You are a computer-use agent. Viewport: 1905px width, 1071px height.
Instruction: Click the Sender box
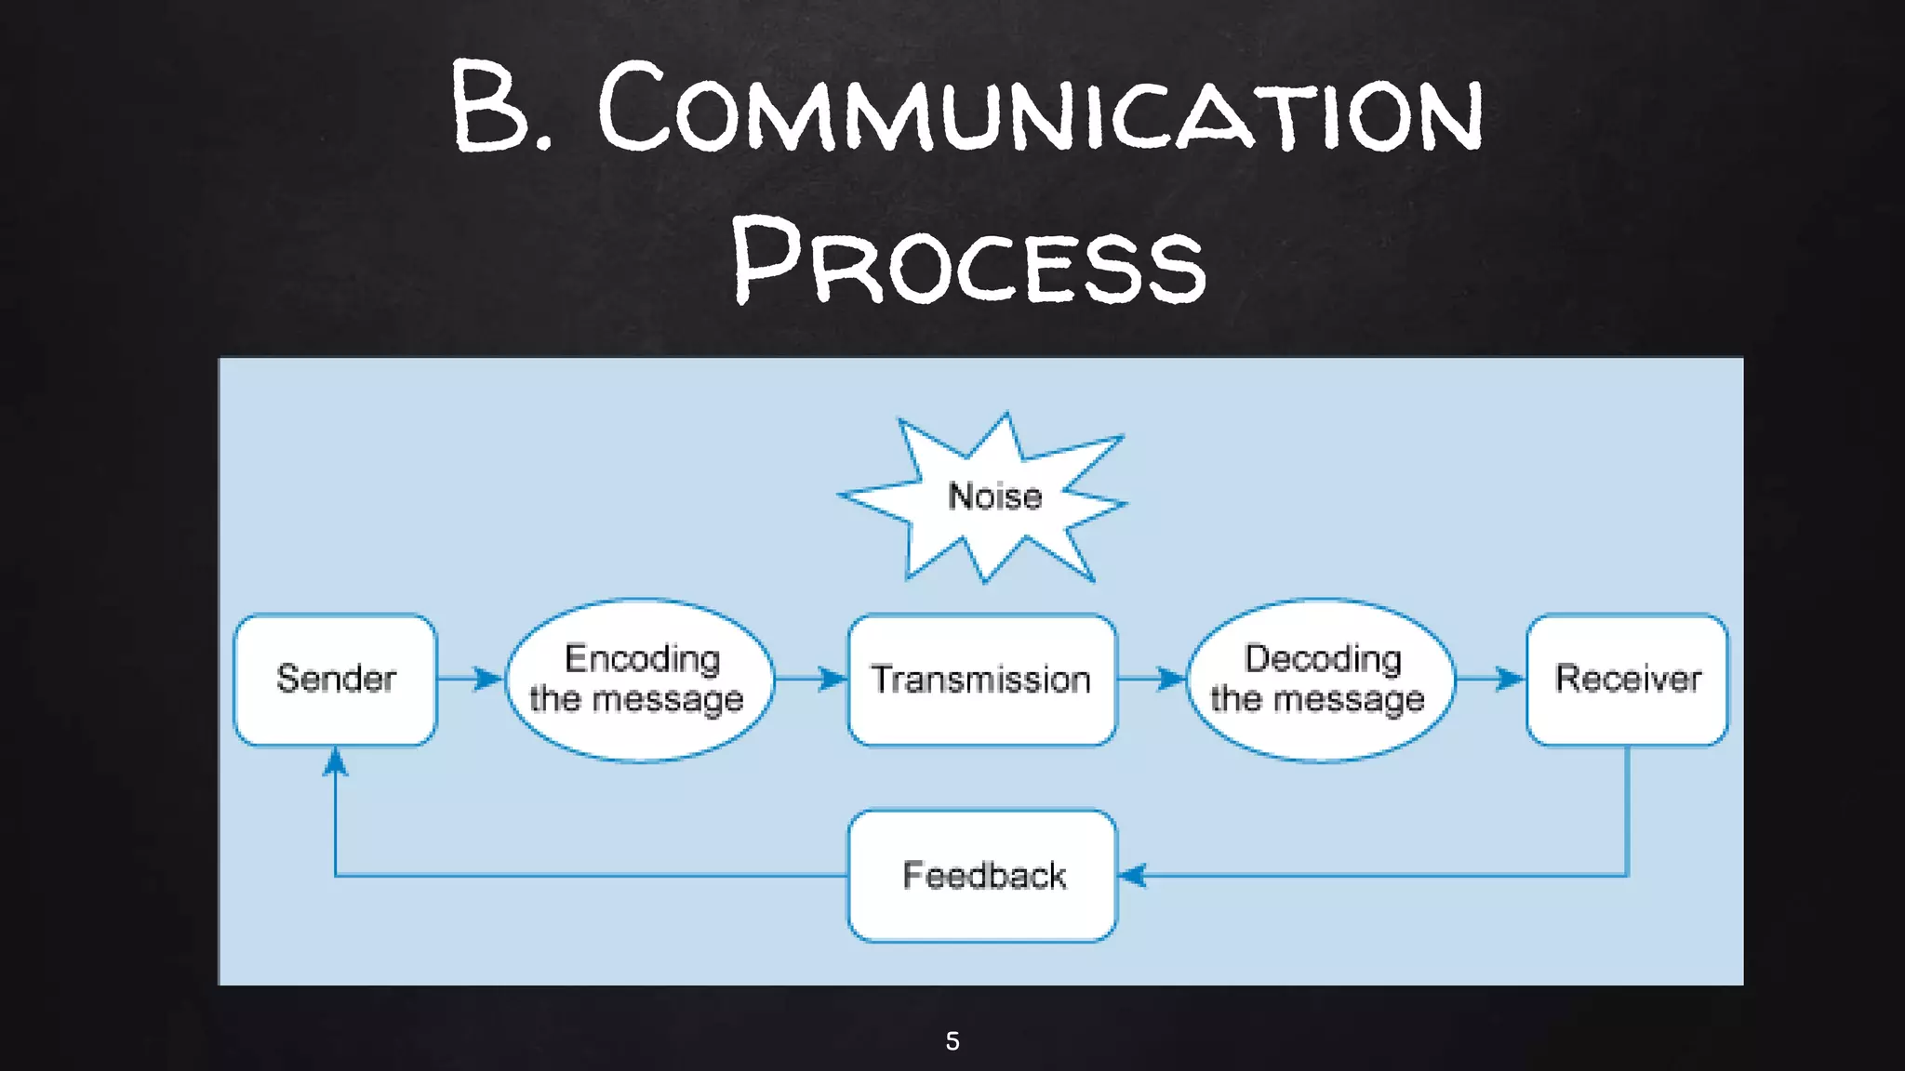[x=335, y=679]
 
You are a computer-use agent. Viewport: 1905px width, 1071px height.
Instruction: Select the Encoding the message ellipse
[x=640, y=680]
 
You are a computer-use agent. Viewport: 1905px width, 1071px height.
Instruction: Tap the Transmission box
[x=981, y=680]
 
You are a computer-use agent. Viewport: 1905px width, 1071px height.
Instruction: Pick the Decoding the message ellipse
[x=1320, y=680]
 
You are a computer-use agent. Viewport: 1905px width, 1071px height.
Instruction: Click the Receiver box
[x=1627, y=680]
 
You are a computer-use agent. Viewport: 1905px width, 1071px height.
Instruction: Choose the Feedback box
[x=982, y=875]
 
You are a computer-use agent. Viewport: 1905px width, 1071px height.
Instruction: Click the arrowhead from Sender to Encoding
[x=488, y=679]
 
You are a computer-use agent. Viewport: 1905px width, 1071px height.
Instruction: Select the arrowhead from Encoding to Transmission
[x=833, y=679]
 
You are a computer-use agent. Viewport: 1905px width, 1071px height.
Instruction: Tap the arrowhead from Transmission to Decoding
[x=1171, y=679]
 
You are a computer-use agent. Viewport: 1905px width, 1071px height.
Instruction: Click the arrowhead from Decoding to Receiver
[x=1510, y=679]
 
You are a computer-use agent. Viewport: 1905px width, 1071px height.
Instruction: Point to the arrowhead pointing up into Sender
[x=335, y=762]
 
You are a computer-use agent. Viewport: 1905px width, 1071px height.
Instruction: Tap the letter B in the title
[x=488, y=104]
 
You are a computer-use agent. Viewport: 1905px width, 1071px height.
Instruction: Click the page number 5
[x=952, y=1040]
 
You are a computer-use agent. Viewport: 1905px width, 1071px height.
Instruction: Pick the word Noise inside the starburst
[x=994, y=496]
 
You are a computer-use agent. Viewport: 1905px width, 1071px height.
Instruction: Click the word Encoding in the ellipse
[x=642, y=658]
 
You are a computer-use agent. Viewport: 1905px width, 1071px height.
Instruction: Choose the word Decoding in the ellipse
[x=1323, y=658]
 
